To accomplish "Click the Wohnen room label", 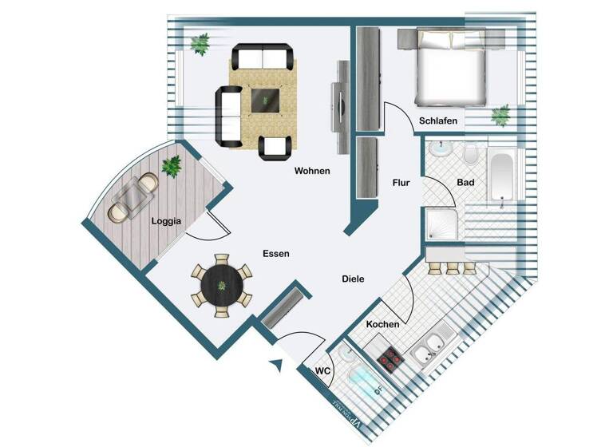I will pos(312,171).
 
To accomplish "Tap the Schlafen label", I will pos(438,121).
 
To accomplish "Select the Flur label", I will pos(401,183).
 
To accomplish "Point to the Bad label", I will pos(465,183).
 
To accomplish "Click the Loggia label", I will pos(166,221).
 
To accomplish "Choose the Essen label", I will pos(275,253).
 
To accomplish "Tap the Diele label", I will pos(353,279).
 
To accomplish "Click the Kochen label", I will pos(382,325).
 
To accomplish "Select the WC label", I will pos(323,370).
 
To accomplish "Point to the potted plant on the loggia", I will pos(171,166).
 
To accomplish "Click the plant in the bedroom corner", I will pos(500,115).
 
